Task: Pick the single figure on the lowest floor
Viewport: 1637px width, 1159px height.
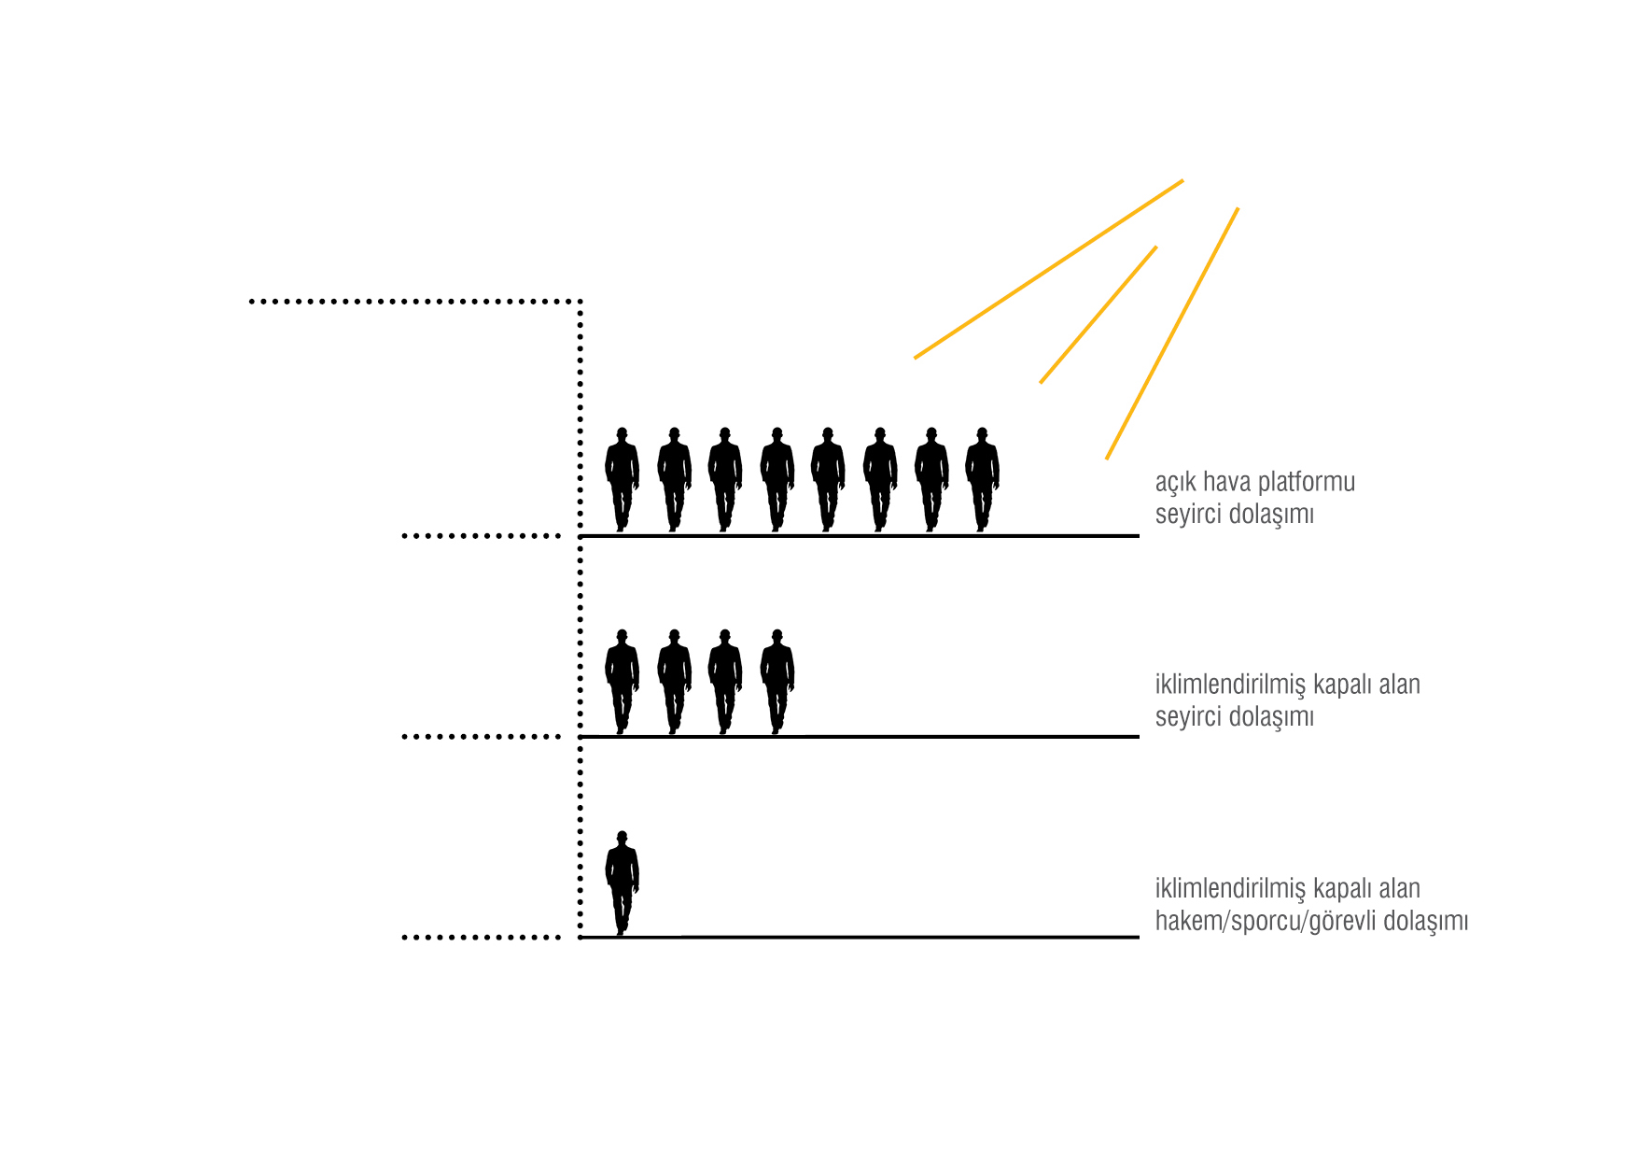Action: [x=622, y=883]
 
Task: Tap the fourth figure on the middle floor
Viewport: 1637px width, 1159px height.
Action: [x=777, y=681]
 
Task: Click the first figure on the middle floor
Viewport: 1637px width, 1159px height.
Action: [x=622, y=681]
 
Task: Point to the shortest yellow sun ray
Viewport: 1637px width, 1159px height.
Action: [x=1098, y=315]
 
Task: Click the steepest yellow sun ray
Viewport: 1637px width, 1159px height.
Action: [x=1172, y=333]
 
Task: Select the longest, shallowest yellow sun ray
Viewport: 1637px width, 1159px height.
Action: [x=1048, y=269]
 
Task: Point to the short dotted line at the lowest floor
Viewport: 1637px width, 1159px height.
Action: [x=481, y=937]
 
